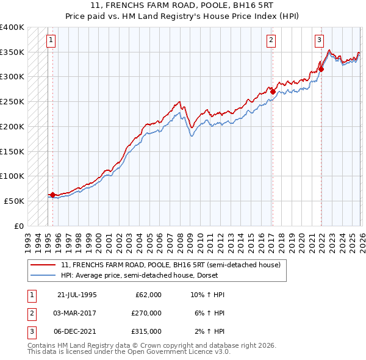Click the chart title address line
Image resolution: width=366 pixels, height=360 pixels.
[182, 7]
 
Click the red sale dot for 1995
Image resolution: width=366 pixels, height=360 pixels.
[53, 195]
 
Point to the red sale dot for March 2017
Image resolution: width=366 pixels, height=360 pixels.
[273, 92]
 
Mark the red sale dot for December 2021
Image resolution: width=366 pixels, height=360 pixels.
[321, 69]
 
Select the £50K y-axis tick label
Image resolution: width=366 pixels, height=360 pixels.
[14, 201]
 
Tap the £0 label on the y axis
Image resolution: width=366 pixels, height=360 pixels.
[20, 226]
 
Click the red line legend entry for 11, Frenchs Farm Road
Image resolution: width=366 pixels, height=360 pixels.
[170, 265]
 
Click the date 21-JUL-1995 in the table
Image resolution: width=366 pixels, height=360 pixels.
[77, 295]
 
